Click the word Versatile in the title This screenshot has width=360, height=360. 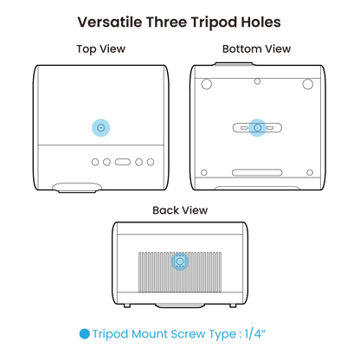(x=110, y=22)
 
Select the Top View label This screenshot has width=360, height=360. (x=101, y=49)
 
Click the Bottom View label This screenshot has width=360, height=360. (x=256, y=48)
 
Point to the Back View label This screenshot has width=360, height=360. (x=180, y=210)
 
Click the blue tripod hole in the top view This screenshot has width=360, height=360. (x=100, y=127)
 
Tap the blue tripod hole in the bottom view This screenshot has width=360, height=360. (x=257, y=127)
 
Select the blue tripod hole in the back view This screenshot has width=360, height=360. (x=180, y=261)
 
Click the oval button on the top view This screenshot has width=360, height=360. (x=123, y=162)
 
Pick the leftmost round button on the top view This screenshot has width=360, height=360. (x=95, y=162)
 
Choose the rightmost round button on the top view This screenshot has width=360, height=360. (x=151, y=162)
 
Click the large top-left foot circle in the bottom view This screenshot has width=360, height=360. (x=207, y=84)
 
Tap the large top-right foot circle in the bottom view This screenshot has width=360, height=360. (x=308, y=84)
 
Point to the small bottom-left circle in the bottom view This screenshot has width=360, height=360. (x=204, y=172)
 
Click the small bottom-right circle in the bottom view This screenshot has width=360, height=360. (x=310, y=172)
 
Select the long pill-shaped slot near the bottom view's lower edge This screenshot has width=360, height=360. (x=257, y=173)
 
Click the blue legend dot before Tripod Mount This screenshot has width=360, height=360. (x=85, y=334)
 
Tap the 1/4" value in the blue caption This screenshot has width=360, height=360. (x=255, y=334)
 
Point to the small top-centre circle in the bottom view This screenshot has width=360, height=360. (x=257, y=81)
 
